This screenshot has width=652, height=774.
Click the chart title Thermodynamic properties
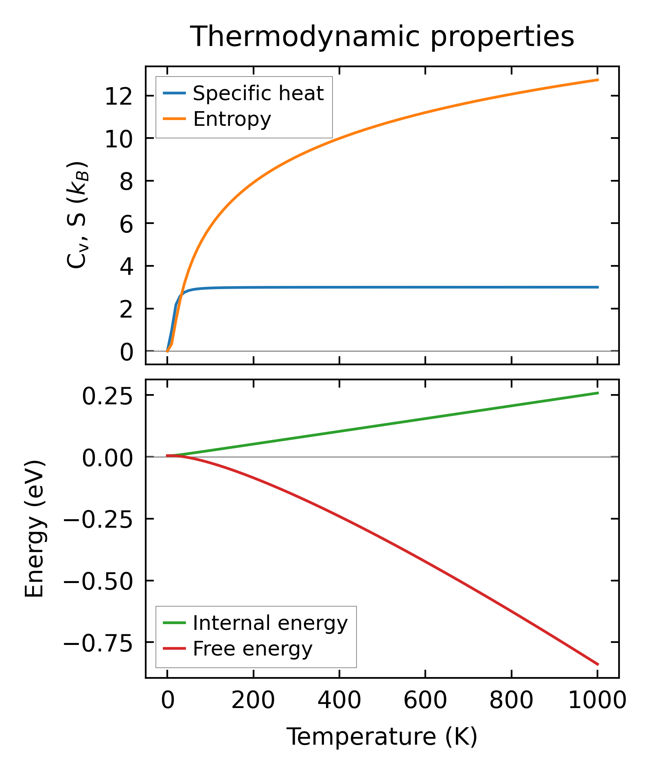pos(382,37)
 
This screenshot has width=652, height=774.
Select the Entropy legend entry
pos(232,119)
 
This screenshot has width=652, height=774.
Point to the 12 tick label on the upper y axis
pos(119,97)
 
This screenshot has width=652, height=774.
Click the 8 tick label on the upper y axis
pos(126,182)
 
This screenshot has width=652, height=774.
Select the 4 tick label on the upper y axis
pos(126,267)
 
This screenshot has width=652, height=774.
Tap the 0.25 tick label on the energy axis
pos(107,397)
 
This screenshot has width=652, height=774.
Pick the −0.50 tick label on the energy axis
pos(98,582)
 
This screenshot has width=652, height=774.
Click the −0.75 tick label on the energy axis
pos(98,644)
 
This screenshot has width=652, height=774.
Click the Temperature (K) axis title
pos(382,737)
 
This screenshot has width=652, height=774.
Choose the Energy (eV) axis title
pos(34,528)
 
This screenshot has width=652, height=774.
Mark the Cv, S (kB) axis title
pos(77,215)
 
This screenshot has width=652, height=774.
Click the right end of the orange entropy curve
pos(598,80)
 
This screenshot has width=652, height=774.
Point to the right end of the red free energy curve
pos(598,664)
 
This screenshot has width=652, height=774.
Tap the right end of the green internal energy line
pos(598,393)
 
